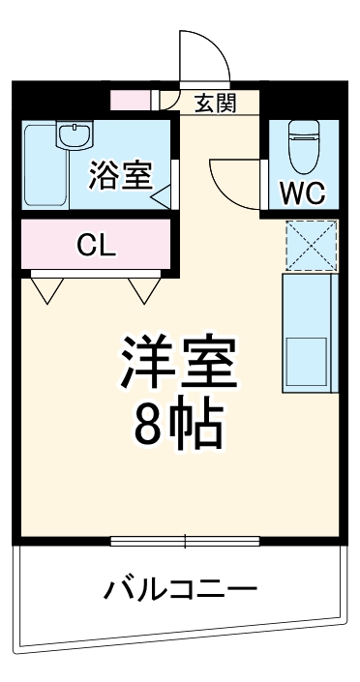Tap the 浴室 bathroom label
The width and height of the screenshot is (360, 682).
click(120, 175)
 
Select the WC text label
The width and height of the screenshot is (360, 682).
click(302, 194)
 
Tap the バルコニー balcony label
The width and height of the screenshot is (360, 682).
click(181, 587)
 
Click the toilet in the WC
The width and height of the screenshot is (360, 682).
click(302, 148)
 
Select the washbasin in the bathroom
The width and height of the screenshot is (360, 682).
click(73, 136)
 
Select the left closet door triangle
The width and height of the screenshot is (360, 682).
click(48, 287)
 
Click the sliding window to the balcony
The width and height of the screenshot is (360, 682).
click(184, 541)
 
